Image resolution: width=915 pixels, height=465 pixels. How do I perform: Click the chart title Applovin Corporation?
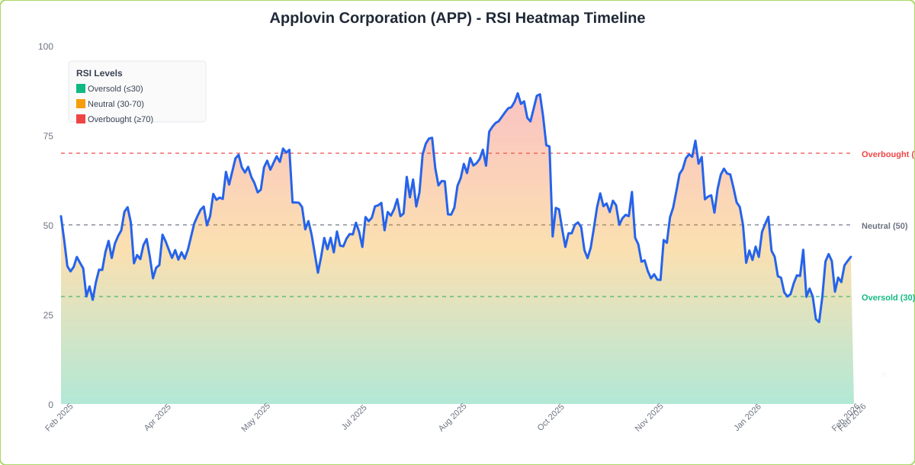pos(457,18)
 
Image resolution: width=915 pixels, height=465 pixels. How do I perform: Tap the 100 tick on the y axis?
pos(46,46)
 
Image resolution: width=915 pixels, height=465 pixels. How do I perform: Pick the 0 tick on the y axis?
pos(50,405)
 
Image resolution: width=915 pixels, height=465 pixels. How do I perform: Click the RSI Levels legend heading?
pos(99,73)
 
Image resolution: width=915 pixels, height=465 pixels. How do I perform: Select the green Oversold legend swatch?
pos(81,88)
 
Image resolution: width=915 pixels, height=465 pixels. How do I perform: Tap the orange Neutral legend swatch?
pos(81,104)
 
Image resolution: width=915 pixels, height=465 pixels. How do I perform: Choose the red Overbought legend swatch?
pos(81,119)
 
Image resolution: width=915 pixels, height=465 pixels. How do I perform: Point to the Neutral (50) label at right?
pos(884,226)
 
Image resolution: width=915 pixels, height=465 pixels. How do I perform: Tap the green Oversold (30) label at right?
pos(888,297)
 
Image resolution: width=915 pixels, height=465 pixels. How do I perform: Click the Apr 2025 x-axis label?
pos(158,417)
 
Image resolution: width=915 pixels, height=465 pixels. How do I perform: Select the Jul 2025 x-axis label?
pos(354,417)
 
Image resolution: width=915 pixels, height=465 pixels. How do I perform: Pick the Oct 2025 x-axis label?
pos(551,417)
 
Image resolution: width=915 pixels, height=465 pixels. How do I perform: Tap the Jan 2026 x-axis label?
pos(747,417)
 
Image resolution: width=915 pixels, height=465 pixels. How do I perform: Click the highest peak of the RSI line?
pos(518,94)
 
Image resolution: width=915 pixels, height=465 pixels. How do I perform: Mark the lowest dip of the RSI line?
pos(819,322)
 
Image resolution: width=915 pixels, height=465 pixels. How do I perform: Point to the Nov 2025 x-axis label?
pos(649,417)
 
